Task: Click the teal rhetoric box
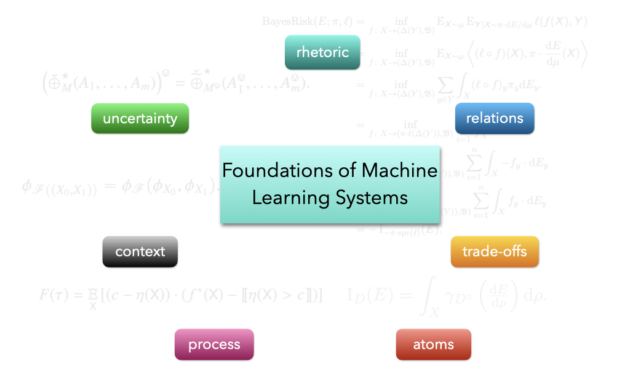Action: click(x=322, y=52)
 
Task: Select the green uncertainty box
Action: click(x=140, y=118)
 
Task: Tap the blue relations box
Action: click(x=495, y=118)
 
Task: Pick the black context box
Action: click(x=140, y=252)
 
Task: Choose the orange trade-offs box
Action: click(x=495, y=252)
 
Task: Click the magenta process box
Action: click(x=214, y=344)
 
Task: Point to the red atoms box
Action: click(x=434, y=344)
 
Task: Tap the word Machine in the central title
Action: click(x=400, y=170)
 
